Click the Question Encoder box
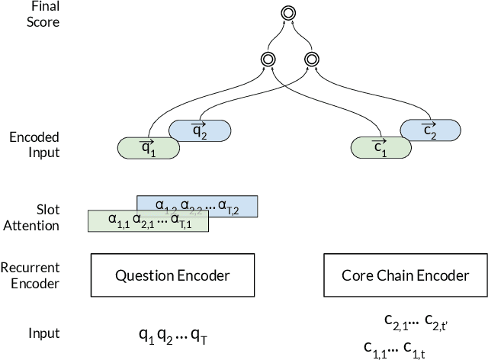[172, 275]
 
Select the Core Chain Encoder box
[404, 275]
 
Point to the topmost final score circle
[287, 13]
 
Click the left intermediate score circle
[268, 59]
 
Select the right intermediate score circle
[310, 59]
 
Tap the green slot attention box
[145, 221]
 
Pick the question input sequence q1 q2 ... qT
[172, 334]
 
